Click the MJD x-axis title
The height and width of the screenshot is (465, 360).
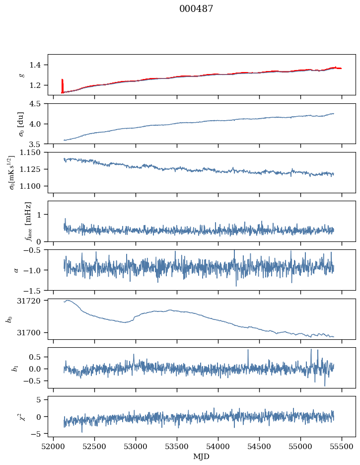(x=202, y=456)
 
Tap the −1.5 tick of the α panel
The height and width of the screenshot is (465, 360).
(x=35, y=290)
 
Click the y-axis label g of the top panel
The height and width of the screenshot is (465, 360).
(x=21, y=75)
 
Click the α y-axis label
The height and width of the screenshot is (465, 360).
(x=16, y=270)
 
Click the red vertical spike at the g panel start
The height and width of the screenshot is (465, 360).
(x=62, y=85)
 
